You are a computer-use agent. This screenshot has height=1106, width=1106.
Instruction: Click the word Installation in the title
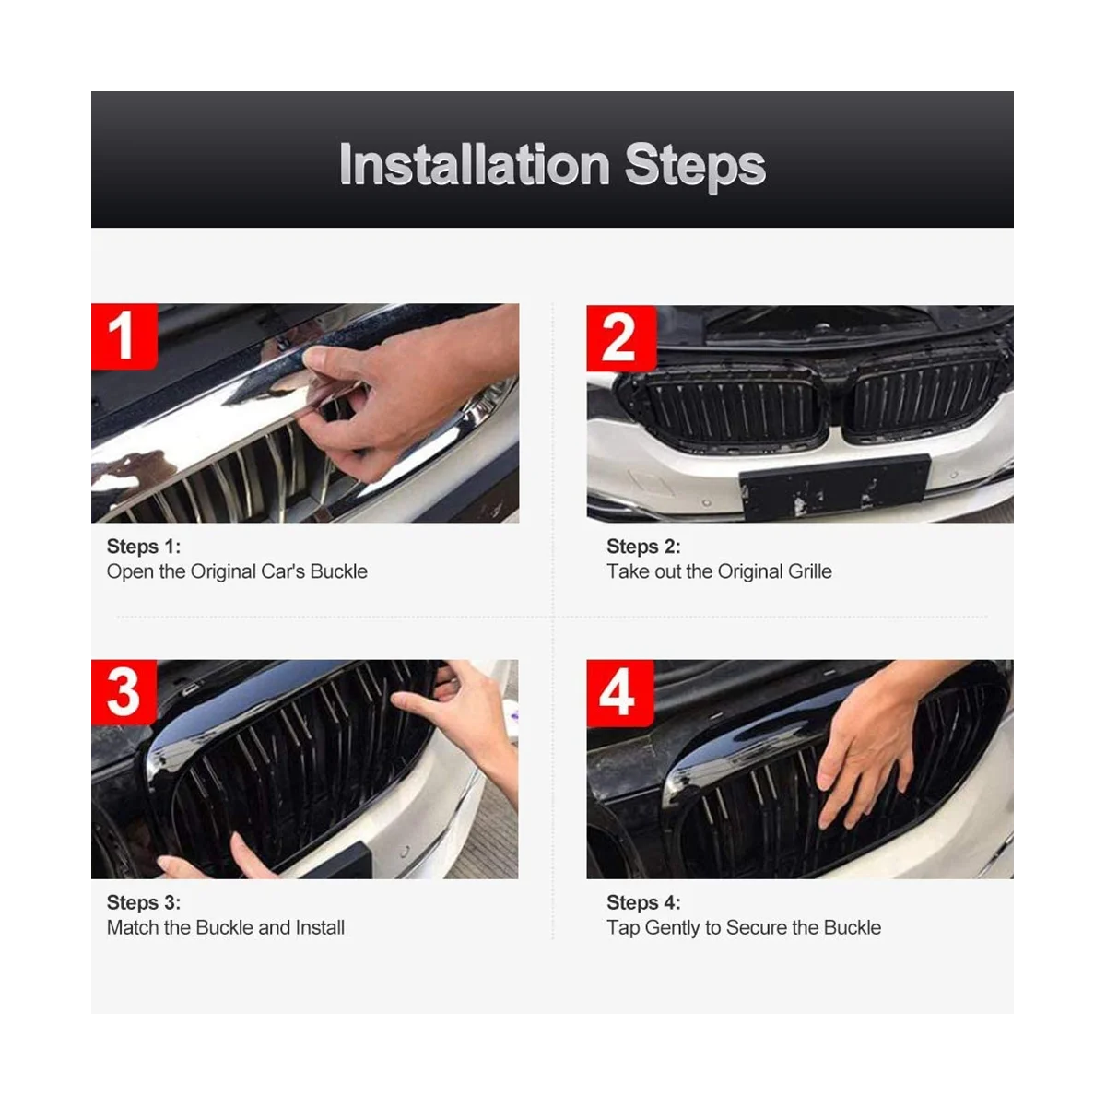(474, 165)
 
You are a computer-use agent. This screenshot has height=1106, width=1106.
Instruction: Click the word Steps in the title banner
(695, 167)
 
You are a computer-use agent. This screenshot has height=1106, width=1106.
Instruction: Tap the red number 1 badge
(124, 336)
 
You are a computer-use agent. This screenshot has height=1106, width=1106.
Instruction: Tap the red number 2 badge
(621, 338)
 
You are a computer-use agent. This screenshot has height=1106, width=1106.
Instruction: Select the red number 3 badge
(124, 692)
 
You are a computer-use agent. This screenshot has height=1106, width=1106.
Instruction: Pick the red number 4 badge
(620, 693)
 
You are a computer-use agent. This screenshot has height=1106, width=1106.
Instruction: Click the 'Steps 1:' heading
(144, 547)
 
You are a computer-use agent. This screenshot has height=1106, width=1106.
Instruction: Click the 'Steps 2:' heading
(643, 547)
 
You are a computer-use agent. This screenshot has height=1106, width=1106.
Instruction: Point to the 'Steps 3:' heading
(144, 902)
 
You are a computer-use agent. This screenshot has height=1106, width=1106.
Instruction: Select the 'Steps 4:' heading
(643, 902)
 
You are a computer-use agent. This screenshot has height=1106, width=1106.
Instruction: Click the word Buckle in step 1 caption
(338, 571)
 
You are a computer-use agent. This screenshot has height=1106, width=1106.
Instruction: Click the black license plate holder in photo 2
(835, 486)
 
